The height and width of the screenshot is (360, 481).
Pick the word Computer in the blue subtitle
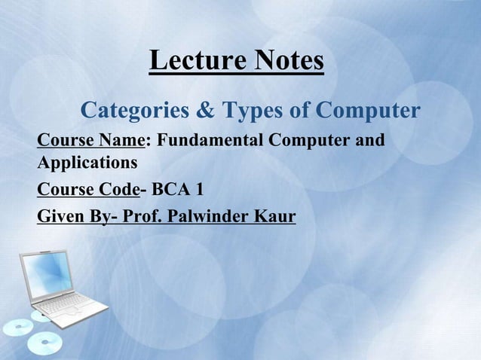tap(368, 111)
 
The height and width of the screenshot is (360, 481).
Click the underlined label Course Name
tap(90, 141)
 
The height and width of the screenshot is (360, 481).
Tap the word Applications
tap(87, 162)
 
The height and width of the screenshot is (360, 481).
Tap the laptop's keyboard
tap(72, 304)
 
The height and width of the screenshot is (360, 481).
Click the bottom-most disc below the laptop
tap(44, 344)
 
